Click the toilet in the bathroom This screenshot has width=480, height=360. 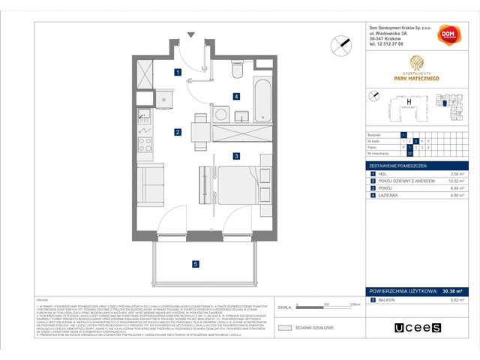pos(238,70)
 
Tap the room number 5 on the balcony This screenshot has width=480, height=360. pos(194,263)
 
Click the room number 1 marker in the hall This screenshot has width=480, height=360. pos(177,73)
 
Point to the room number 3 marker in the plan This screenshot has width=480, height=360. pos(235,156)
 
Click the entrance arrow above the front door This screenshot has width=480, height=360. pos(192,35)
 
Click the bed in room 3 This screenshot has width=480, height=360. pos(238,184)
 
